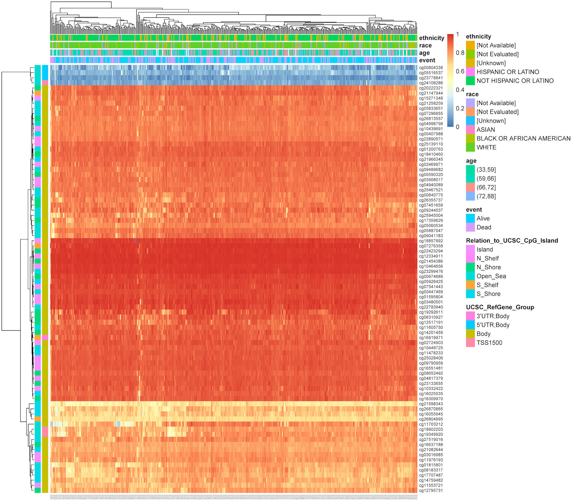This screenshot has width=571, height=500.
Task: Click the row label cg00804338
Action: pyautogui.click(x=431, y=68)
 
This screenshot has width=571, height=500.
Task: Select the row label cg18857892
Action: pyautogui.click(x=431, y=241)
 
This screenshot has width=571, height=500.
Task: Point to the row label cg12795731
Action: pyautogui.click(x=431, y=491)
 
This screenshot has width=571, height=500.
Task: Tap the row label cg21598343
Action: pyautogui.click(x=431, y=404)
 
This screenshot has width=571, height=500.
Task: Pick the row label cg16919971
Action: pyautogui.click(x=431, y=338)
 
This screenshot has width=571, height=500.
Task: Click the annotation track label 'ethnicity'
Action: pyautogui.click(x=431, y=38)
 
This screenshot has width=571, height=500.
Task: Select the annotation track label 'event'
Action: pyautogui.click(x=427, y=60)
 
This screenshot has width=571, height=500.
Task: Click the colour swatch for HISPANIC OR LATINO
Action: pyautogui.click(x=470, y=72)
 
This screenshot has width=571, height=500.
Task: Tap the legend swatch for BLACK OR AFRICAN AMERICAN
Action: pyautogui.click(x=470, y=138)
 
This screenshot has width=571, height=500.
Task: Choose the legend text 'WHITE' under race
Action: pyautogui.click(x=486, y=147)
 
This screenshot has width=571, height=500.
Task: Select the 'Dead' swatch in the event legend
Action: pyautogui.click(x=470, y=227)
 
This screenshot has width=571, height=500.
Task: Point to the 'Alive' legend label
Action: pyautogui.click(x=483, y=218)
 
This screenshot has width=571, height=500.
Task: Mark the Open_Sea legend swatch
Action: pyautogui.click(x=470, y=276)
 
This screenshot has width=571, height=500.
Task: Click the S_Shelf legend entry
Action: pyautogui.click(x=487, y=285)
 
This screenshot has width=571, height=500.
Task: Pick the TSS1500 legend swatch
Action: pyautogui.click(x=470, y=343)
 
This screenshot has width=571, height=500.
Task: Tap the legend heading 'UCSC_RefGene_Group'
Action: pyautogui.click(x=500, y=307)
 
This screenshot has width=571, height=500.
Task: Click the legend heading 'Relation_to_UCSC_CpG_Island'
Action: pyautogui.click(x=512, y=241)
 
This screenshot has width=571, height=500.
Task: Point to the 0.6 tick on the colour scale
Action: pyautogui.click(x=460, y=71)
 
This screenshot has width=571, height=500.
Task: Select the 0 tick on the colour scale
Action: pyautogui.click(x=458, y=127)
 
